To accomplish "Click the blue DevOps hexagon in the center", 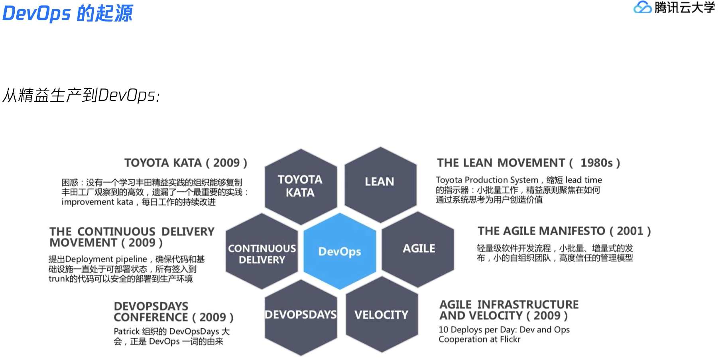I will pyautogui.click(x=340, y=251).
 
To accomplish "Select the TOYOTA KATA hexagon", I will pyautogui.click(x=301, y=186).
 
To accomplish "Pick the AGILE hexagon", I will pyautogui.click(x=419, y=248).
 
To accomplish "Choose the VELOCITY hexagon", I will pyautogui.click(x=382, y=315).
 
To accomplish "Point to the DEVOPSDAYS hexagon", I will pyautogui.click(x=301, y=315).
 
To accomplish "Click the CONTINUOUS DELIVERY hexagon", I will pyautogui.click(x=262, y=254).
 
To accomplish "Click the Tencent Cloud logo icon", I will pyautogui.click(x=642, y=8).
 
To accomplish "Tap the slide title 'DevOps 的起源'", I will pyautogui.click(x=68, y=13).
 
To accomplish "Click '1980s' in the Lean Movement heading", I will pyautogui.click(x=596, y=163).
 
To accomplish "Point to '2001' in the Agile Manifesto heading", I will pyautogui.click(x=630, y=231).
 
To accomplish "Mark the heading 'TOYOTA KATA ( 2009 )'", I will pyautogui.click(x=186, y=163).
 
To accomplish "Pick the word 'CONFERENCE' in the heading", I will pyautogui.click(x=151, y=317).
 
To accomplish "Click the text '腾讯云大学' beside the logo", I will pyautogui.click(x=685, y=8).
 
